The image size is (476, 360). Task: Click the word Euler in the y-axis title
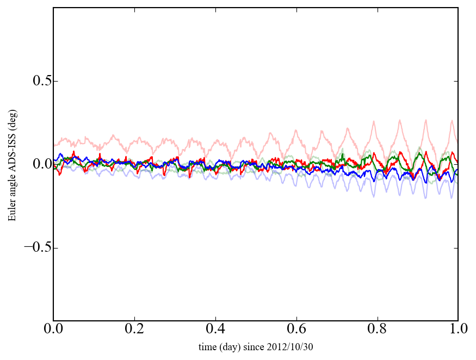click(x=12, y=213)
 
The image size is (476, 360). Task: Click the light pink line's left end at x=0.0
click(x=54, y=146)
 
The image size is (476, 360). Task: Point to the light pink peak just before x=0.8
click(x=373, y=121)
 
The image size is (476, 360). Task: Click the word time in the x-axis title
click(x=207, y=347)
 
